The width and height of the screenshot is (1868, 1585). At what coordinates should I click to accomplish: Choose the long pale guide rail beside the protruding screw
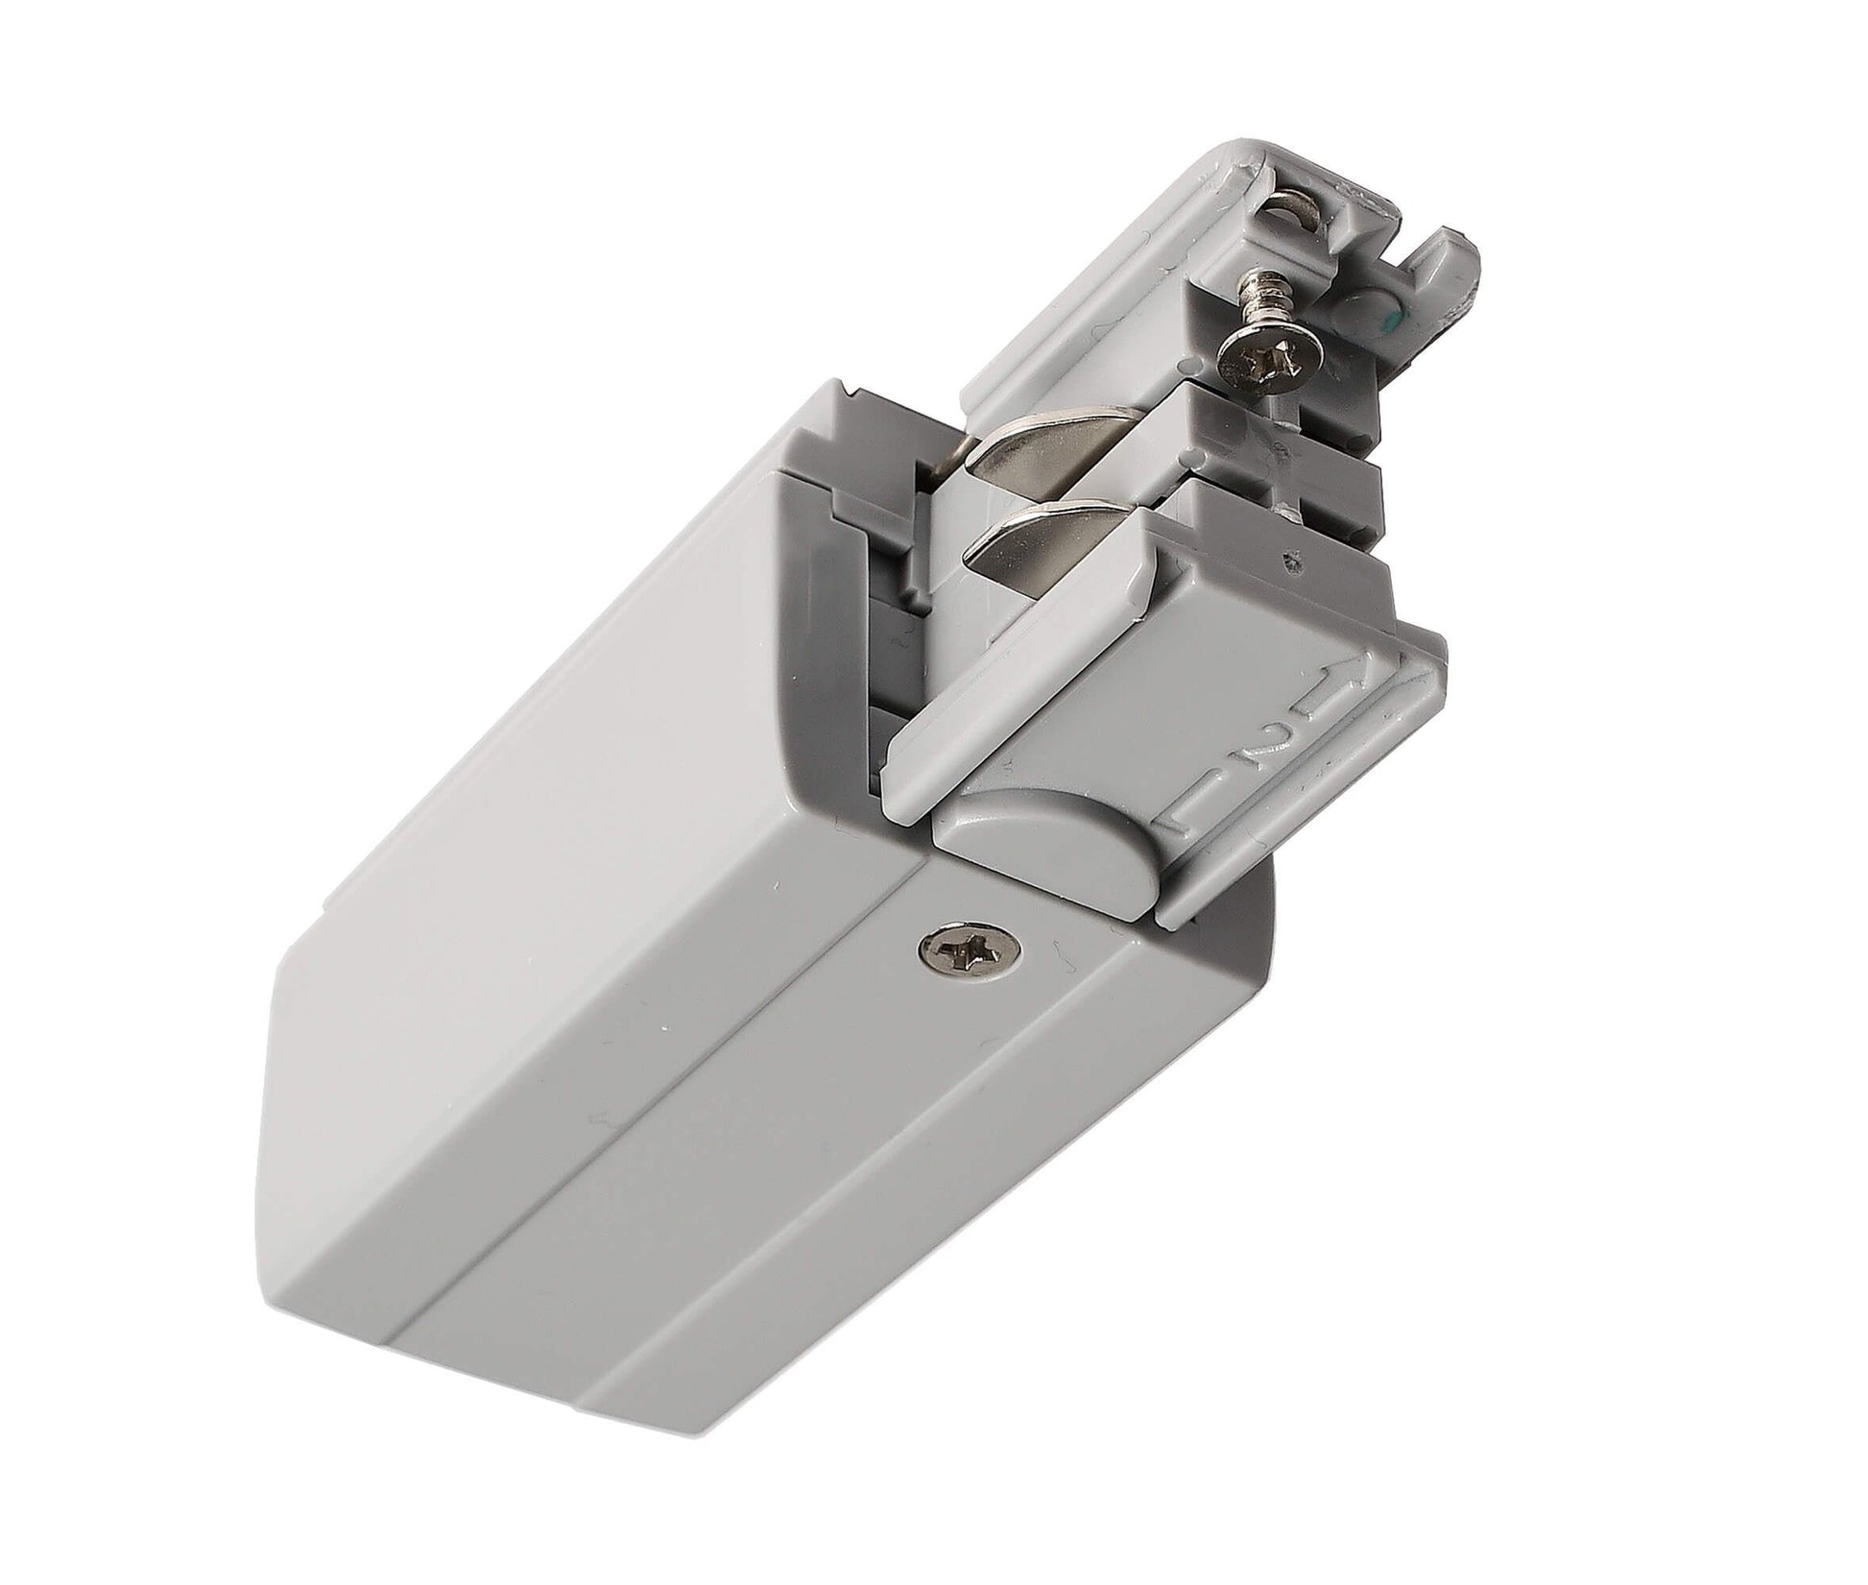coord(1075,317)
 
